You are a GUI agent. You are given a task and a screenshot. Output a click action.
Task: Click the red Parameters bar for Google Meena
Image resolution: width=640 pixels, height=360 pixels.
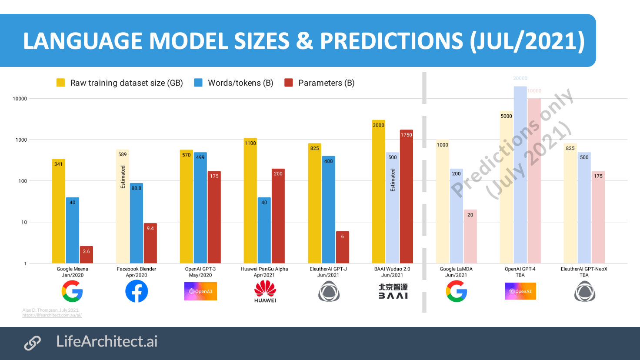[x=86, y=255]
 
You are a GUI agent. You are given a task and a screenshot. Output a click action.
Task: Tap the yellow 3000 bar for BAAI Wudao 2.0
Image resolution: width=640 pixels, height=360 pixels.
[x=378, y=191]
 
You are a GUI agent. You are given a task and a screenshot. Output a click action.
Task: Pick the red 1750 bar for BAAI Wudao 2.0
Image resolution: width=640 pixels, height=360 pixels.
[x=406, y=197]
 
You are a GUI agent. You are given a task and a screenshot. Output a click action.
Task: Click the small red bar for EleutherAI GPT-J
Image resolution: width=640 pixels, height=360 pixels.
[x=342, y=247]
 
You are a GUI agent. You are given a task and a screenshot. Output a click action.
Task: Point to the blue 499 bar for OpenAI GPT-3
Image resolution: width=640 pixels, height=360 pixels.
[x=200, y=208]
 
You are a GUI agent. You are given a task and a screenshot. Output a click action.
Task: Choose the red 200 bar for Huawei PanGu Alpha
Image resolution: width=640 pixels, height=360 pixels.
[x=278, y=216]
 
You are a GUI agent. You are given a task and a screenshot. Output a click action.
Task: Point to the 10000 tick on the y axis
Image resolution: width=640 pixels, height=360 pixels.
[x=20, y=99]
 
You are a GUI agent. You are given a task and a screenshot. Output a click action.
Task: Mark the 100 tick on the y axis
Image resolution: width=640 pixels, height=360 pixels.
[x=23, y=181]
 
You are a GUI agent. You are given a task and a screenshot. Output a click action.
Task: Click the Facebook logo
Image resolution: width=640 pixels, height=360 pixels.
[x=137, y=291]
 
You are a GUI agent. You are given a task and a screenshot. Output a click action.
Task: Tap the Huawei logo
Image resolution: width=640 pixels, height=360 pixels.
[x=265, y=291]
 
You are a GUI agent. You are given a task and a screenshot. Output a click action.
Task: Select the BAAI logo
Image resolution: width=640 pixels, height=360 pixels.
[x=393, y=291]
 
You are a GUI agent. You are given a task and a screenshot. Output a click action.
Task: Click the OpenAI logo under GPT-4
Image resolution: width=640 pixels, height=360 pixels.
[x=520, y=291]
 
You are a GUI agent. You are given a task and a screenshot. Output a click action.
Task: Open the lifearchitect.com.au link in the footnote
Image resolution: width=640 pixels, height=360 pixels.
[x=52, y=315]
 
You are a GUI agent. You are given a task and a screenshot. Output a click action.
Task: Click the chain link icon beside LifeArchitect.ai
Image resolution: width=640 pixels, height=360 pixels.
[x=33, y=343]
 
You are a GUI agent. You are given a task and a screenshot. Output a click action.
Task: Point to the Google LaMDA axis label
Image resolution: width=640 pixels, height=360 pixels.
[x=456, y=272]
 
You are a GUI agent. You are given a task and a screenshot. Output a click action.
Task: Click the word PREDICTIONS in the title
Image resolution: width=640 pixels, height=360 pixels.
[x=391, y=41]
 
